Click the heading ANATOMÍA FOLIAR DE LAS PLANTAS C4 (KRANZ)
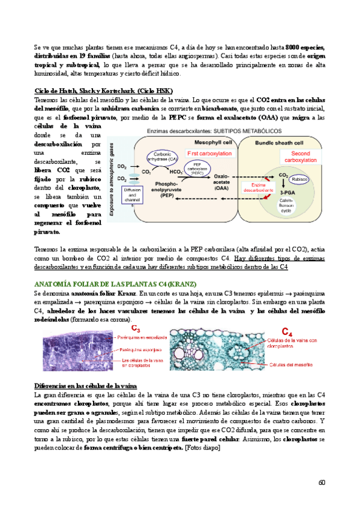pos(112,283)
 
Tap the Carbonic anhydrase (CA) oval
pos(163,157)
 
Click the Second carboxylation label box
pos(296,157)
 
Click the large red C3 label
pos(136,329)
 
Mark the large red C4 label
pos(289,331)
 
